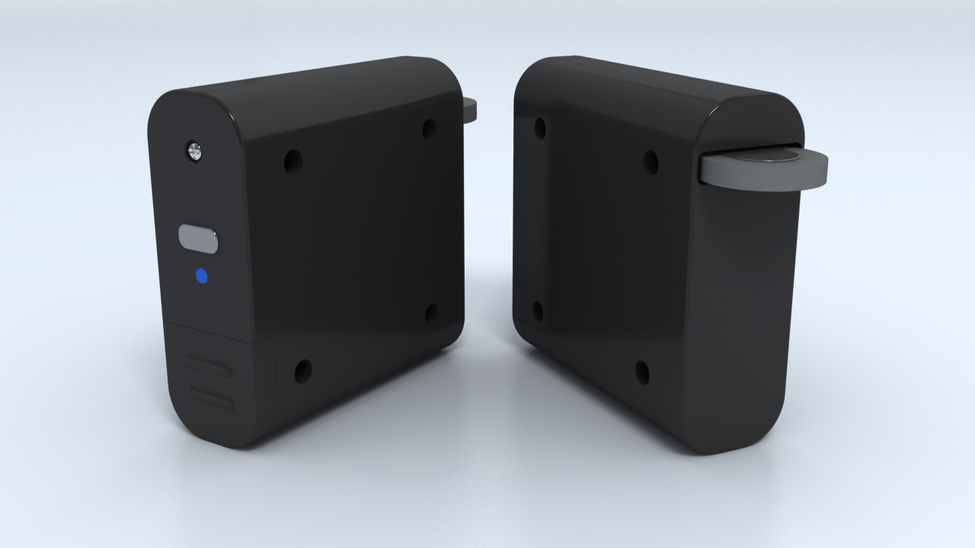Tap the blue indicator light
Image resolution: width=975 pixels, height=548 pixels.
coord(202,276)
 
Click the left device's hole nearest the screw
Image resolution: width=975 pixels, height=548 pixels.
coord(292,161)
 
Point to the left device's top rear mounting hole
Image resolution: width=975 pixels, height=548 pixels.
coord(430,129)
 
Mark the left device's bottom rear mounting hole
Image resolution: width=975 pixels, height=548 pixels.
coord(431,313)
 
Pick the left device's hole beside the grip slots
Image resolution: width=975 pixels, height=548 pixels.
coord(303,371)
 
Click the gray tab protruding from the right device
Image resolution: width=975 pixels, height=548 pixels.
coord(762,169)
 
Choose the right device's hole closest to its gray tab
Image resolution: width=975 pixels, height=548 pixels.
coord(651,161)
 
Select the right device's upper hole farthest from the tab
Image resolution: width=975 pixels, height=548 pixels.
coord(541,127)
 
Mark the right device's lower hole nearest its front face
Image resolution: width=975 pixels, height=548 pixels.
coord(642,372)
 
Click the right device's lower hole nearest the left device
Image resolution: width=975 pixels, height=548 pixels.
coord(537,311)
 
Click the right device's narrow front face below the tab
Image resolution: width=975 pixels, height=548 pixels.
coord(743,320)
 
